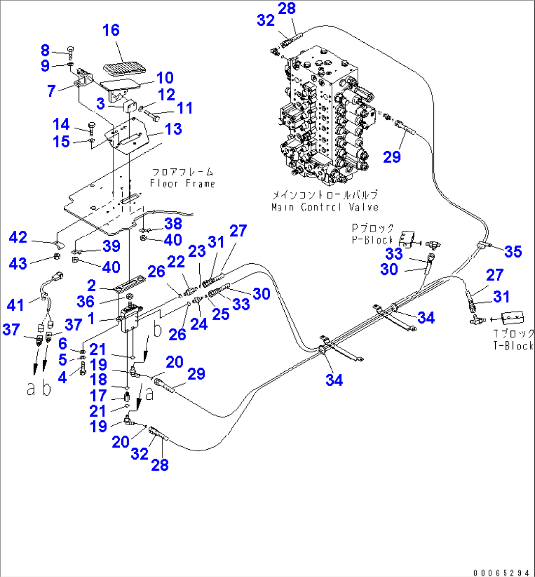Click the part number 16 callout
point(111,30)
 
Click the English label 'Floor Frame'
point(183,184)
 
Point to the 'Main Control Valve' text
point(325,207)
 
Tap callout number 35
point(513,252)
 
